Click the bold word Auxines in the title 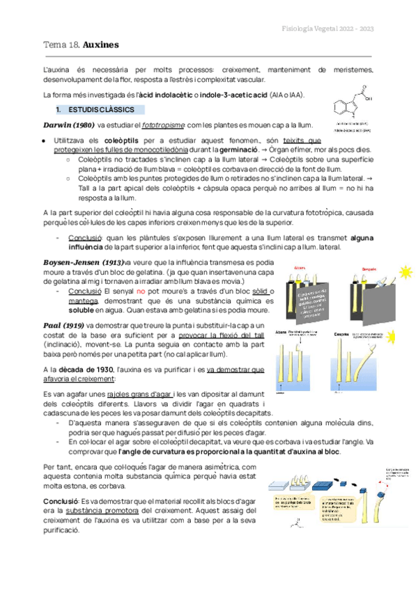click(101, 45)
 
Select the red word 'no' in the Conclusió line click(141, 292)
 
